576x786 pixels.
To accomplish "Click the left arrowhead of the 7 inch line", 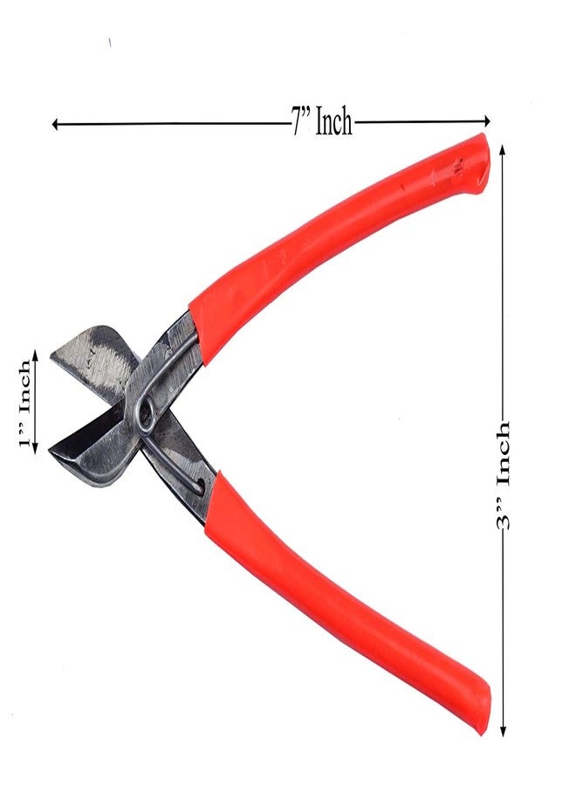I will tap(55, 124).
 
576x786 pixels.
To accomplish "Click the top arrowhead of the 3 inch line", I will tap(504, 149).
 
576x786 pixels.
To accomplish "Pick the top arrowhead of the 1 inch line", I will tap(35, 355).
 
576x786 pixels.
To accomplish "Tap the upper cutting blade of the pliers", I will tap(92, 354).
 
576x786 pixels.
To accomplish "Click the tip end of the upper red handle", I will tap(476, 157).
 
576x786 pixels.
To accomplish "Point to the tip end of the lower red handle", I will tap(476, 712).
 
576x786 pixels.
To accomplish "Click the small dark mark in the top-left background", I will tap(110, 41).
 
